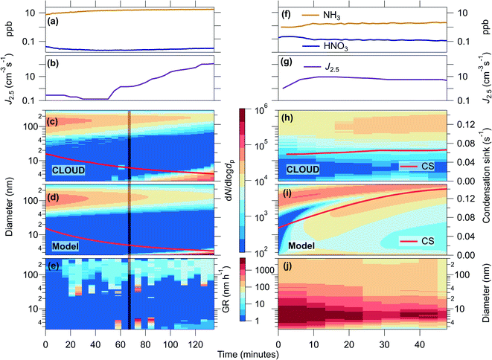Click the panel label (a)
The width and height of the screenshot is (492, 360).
[54, 22]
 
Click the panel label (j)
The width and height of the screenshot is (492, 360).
[285, 266]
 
